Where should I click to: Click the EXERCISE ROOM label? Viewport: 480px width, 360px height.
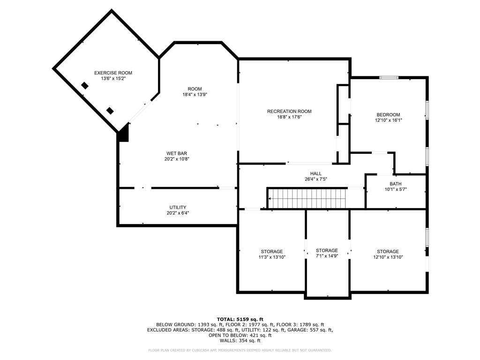(x=113, y=73)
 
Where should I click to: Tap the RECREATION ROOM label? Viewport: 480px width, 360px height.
(x=289, y=112)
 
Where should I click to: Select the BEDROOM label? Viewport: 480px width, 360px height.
(x=388, y=115)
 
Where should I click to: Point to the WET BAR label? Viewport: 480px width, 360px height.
(x=177, y=153)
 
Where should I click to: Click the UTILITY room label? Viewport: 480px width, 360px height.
(x=178, y=208)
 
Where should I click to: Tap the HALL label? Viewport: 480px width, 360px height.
(x=316, y=173)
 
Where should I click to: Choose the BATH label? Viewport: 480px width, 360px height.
(x=396, y=184)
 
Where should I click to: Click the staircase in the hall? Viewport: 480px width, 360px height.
(x=307, y=198)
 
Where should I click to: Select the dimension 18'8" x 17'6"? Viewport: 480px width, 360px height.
(x=289, y=117)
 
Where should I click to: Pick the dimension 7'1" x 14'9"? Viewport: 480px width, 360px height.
(x=327, y=256)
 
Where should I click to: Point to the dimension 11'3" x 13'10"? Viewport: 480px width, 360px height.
(x=272, y=257)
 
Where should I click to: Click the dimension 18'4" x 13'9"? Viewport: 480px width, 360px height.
(x=195, y=95)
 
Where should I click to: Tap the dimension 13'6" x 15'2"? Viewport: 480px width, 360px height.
(x=113, y=78)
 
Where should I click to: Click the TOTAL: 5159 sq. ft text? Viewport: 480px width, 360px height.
(x=240, y=319)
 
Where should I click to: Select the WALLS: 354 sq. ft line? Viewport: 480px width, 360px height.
(x=240, y=340)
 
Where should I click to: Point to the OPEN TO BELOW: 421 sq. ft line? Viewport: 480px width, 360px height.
(x=240, y=335)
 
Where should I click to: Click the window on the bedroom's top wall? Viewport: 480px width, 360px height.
(x=389, y=77)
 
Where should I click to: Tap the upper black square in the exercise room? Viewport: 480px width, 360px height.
(x=85, y=86)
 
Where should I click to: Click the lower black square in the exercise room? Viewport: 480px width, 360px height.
(x=110, y=111)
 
